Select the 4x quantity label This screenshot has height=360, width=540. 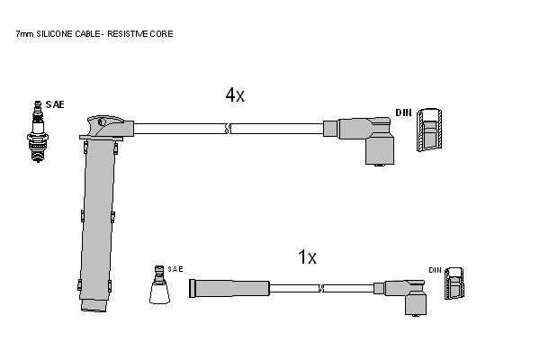click(x=235, y=94)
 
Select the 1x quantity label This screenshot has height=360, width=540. click(x=307, y=257)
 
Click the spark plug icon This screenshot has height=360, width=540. click(x=38, y=131)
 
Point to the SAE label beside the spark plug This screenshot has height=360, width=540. click(x=55, y=104)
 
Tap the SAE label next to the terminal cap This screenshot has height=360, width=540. click(x=175, y=269)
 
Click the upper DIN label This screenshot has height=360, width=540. click(x=403, y=112)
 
